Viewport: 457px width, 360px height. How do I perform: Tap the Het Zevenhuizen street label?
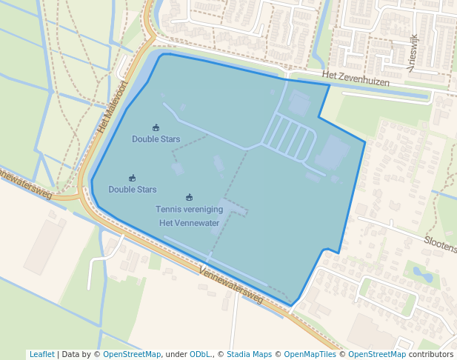point(356,80)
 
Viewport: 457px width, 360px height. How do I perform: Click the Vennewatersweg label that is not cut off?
point(231,285)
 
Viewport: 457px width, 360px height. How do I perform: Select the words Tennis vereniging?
point(189,210)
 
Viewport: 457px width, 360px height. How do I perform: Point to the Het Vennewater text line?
point(189,223)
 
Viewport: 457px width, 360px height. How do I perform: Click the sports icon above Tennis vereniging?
point(189,197)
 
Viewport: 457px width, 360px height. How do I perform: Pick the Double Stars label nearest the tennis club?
point(132,190)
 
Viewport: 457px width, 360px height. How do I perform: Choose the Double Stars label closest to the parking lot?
point(156,139)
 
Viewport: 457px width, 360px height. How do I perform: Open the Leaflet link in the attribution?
point(41,354)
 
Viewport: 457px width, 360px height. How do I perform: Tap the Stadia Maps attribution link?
point(249,354)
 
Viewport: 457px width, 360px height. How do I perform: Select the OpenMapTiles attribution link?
point(309,354)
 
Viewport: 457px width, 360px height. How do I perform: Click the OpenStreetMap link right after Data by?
point(131,354)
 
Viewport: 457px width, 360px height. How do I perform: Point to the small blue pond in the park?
point(423,276)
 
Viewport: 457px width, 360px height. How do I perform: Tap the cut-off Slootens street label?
point(441,241)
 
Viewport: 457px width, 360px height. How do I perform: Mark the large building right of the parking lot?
point(333,153)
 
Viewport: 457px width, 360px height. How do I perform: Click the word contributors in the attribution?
point(431,354)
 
